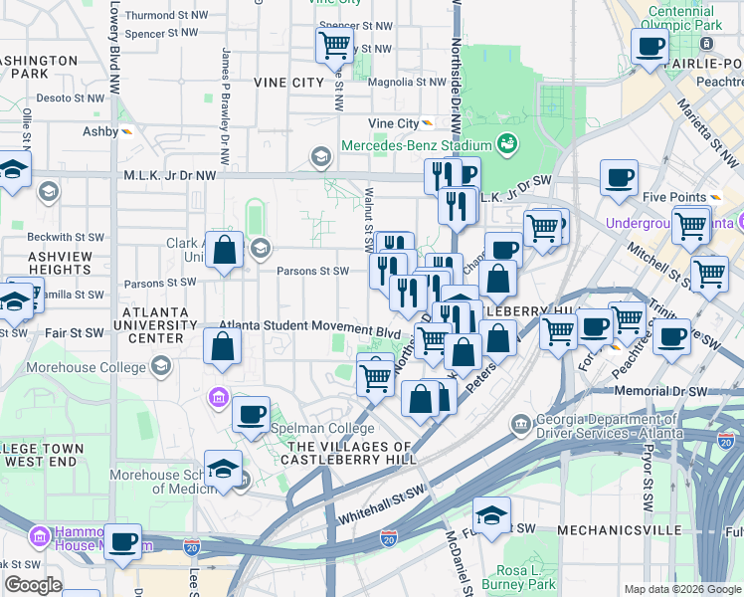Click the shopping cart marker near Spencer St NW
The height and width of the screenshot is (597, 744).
334,45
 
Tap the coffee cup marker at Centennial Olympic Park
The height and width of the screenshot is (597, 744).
650,46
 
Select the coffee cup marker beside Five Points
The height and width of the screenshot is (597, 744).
619,178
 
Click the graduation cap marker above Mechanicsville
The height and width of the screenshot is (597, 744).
490,515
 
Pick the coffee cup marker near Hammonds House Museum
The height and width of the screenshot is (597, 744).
122,542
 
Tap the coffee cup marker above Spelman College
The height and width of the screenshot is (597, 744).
251,413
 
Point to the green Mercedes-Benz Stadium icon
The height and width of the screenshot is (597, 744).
506,144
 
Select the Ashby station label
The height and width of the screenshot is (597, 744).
100,131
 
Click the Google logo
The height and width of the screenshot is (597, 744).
33,586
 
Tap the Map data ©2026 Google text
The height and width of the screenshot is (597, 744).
681,589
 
